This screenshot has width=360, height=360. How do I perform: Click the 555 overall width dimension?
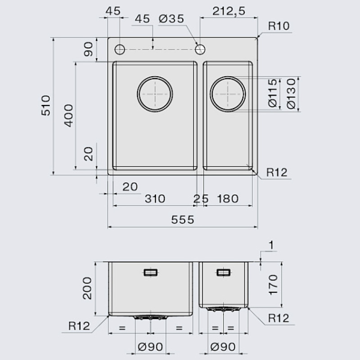point(183,220)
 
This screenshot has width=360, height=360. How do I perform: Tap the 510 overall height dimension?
point(46,105)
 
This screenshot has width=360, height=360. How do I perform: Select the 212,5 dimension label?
point(229,11)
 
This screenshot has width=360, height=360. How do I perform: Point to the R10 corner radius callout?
point(279,26)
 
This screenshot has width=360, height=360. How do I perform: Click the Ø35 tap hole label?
point(171,18)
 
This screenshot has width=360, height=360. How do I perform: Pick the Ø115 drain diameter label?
point(273,93)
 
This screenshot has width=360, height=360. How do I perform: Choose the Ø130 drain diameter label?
point(291,94)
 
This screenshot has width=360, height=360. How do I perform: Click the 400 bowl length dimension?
point(68,116)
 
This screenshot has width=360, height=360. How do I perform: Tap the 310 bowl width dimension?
point(155,198)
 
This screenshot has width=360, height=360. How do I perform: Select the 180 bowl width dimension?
point(228,198)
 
